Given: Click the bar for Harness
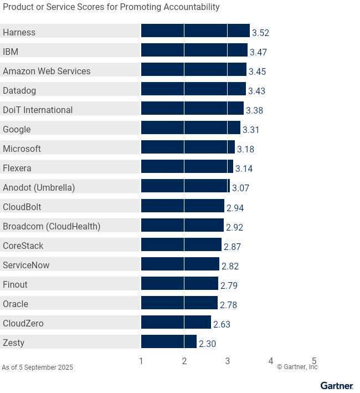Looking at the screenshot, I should pyautogui.click(x=195, y=31).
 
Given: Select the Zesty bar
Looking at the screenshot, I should pyautogui.click(x=169, y=341).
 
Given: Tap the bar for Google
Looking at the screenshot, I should pyautogui.click(x=191, y=128).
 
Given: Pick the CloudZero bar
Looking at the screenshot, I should pyautogui.click(x=176, y=322).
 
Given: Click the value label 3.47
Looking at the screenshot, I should pyautogui.click(x=259, y=52).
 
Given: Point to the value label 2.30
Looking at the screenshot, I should pyautogui.click(x=207, y=344).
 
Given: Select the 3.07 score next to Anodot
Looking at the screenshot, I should pyautogui.click(x=240, y=188).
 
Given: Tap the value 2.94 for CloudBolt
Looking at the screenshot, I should pyautogui.click(x=235, y=208).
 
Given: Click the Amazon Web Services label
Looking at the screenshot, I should pyautogui.click(x=47, y=71).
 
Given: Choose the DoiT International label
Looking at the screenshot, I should pyautogui.click(x=38, y=110).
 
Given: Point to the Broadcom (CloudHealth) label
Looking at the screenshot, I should pyautogui.click(x=52, y=226).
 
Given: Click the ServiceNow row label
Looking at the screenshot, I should pyautogui.click(x=26, y=265).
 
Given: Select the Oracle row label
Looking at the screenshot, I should pyautogui.click(x=16, y=304).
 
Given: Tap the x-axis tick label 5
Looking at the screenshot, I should pyautogui.click(x=314, y=361).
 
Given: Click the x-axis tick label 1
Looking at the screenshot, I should pyautogui.click(x=141, y=361).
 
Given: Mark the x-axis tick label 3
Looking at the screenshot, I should pyautogui.click(x=228, y=361).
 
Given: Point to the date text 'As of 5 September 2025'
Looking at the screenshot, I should pyautogui.click(x=37, y=368).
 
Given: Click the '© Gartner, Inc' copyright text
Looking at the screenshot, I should pyautogui.click(x=297, y=367).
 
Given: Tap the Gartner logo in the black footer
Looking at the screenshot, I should pyautogui.click(x=336, y=386).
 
